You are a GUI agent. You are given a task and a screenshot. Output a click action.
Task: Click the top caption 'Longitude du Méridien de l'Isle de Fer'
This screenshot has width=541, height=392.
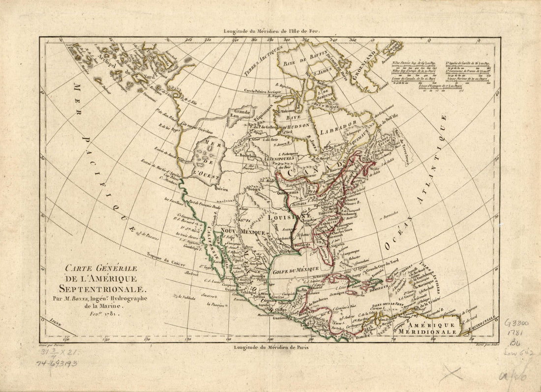click(271, 31)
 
